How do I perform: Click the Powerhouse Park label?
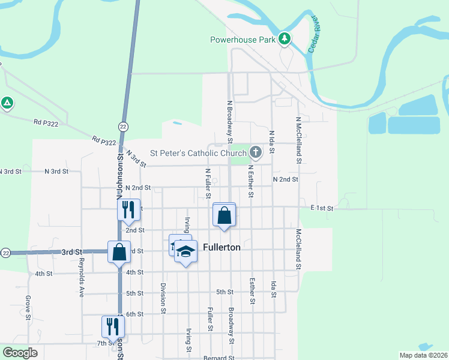[242, 40]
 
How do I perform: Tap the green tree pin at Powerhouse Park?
[285, 40]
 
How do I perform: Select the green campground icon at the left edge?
[7, 103]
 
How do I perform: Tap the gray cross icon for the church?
[255, 152]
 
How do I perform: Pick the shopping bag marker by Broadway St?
[224, 215]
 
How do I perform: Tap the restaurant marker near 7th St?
[113, 327]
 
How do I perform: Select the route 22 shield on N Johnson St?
[122, 127]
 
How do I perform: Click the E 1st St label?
[322, 208]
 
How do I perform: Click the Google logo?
[20, 353]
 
